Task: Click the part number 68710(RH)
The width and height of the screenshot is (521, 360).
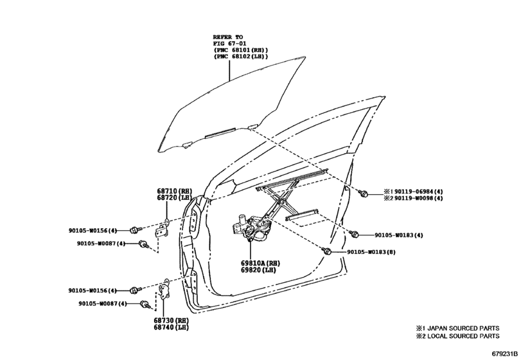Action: [x=175, y=191]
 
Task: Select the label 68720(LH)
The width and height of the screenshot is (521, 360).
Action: [x=175, y=198]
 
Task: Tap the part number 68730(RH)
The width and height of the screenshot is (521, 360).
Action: [x=171, y=320]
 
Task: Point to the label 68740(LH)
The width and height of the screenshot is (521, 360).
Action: [x=171, y=327]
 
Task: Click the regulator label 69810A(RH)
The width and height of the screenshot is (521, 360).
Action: [x=261, y=264]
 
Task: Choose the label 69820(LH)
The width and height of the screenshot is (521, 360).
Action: [x=258, y=270]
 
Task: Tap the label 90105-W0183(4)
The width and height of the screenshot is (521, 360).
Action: [x=399, y=235]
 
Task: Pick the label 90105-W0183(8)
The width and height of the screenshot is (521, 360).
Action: [x=371, y=252]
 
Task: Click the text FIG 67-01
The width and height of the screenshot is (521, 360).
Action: [x=229, y=44]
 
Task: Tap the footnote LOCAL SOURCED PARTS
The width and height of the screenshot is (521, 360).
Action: [x=463, y=336]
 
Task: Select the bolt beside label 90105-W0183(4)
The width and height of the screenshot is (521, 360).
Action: [x=353, y=234]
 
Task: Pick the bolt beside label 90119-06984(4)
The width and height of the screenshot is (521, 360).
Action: [x=363, y=192]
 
